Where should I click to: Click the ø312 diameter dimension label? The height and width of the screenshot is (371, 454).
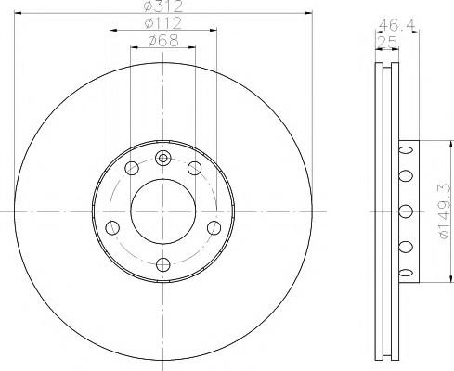click(x=163, y=6)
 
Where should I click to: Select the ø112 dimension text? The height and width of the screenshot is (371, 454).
click(x=163, y=23)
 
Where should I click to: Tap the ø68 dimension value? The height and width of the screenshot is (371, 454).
click(x=163, y=41)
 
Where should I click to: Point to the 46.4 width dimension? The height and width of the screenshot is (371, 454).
click(x=397, y=25)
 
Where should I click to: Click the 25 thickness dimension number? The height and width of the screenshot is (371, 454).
click(x=387, y=42)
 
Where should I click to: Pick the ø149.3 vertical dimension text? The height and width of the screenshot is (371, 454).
click(x=443, y=211)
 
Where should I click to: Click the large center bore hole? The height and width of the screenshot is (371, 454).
click(x=163, y=211)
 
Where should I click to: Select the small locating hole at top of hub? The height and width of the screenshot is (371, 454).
click(x=163, y=159)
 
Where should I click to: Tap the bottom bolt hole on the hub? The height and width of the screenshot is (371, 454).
click(x=163, y=265)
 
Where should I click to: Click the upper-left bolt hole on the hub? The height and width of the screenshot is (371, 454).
click(x=132, y=168)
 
